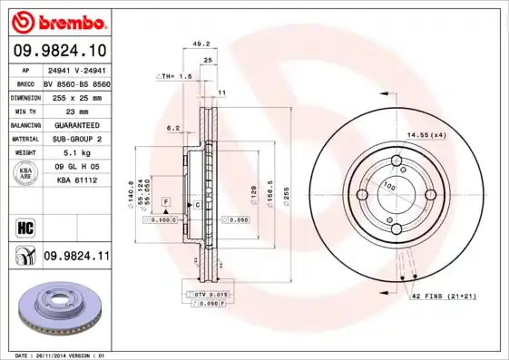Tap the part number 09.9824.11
pos(76,257)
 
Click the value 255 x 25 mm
pos(76,96)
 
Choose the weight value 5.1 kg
pos(68,152)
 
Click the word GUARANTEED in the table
pos(76,124)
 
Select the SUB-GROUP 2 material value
pos(76,138)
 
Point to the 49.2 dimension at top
pos(202,42)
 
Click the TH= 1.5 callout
pos(178,77)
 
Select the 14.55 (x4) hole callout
pos(426,135)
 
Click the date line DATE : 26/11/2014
pos(54,355)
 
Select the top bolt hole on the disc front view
pos(396,163)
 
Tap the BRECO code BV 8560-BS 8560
pos(76,83)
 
